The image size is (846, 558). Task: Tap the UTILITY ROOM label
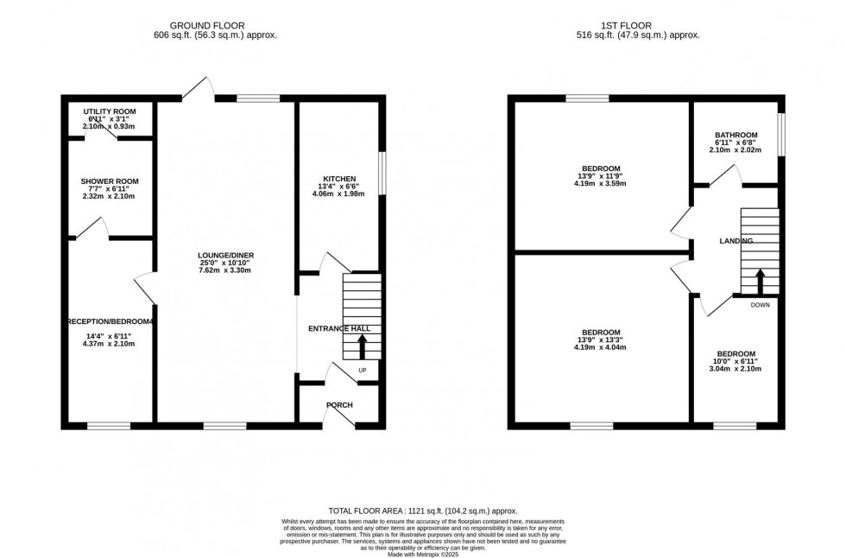click(x=110, y=111)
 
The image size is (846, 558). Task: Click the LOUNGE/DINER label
click(x=225, y=255)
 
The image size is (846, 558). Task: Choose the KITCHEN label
click(x=338, y=179)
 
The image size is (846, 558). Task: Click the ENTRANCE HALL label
click(x=339, y=329)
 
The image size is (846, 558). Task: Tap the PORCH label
click(x=339, y=405)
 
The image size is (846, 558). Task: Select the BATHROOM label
click(x=736, y=135)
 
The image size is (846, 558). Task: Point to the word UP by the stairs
click(x=362, y=371)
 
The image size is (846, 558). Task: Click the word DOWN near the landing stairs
click(x=760, y=305)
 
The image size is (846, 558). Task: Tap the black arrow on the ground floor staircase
click(x=362, y=346)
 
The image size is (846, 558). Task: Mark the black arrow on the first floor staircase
click(x=760, y=282)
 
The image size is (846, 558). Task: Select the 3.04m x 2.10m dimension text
click(x=736, y=369)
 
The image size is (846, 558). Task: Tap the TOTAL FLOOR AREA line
click(x=422, y=511)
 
